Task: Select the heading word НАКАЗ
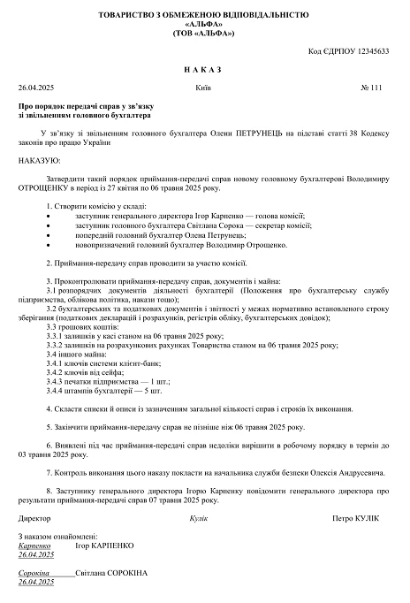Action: click(x=204, y=70)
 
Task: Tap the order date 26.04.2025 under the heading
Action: click(x=35, y=88)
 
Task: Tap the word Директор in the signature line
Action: click(x=34, y=517)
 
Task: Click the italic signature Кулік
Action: click(x=198, y=517)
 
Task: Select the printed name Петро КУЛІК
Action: click(x=355, y=517)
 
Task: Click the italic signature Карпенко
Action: click(x=34, y=546)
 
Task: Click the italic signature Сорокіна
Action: click(x=34, y=574)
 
